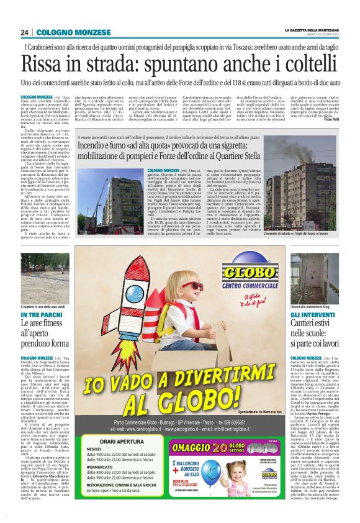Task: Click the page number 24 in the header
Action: click(x=24, y=32)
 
